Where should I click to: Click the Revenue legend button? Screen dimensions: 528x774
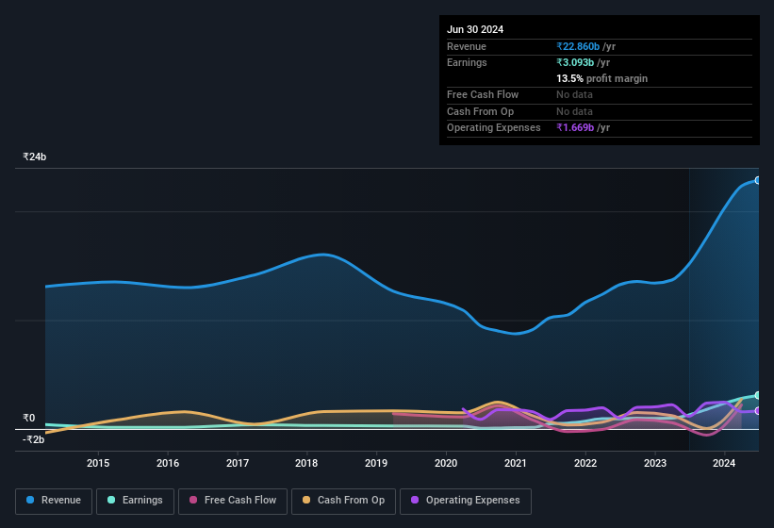click(x=54, y=501)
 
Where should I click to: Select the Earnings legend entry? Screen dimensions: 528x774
click(x=136, y=501)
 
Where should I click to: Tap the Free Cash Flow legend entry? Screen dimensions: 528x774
click(x=232, y=501)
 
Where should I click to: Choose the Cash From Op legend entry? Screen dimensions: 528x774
click(x=343, y=501)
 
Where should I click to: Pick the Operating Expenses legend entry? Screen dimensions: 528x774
click(x=466, y=501)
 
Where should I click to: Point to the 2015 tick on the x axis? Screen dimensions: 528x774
click(x=98, y=463)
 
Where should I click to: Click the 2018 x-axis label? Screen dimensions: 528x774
click(x=306, y=463)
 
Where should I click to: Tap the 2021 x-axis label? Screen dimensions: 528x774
click(x=516, y=463)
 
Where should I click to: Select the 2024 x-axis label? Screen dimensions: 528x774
click(x=724, y=463)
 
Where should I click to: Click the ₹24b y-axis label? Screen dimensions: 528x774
click(x=35, y=157)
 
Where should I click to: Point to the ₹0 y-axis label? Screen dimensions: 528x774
click(x=29, y=419)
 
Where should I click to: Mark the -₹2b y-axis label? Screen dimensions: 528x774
click(x=34, y=439)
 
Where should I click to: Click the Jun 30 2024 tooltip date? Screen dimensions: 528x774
click(x=475, y=29)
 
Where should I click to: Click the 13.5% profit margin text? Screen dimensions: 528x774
click(x=601, y=78)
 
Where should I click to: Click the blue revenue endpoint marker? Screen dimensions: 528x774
click(x=758, y=180)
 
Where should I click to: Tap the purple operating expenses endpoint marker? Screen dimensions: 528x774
click(x=758, y=411)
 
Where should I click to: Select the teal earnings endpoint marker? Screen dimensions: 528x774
click(x=758, y=395)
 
